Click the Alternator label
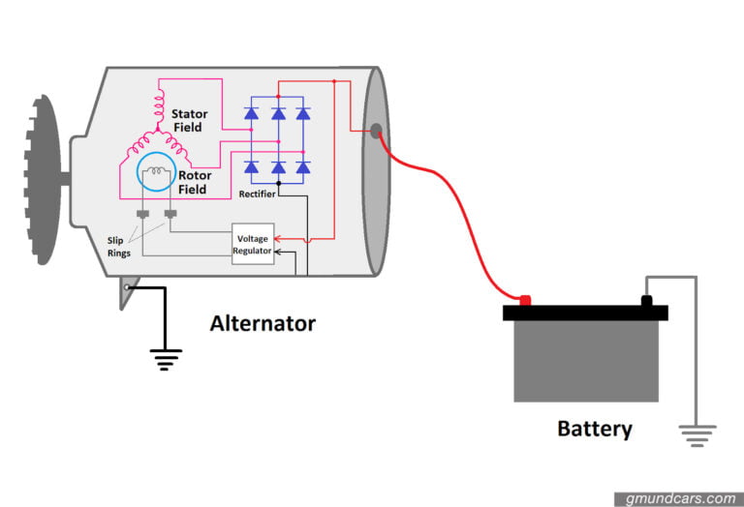click(x=263, y=323)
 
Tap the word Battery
click(x=594, y=428)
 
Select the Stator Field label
click(x=190, y=121)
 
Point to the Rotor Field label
click(x=193, y=182)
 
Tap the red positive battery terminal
click(x=525, y=300)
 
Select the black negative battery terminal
click(x=646, y=300)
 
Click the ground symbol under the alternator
click(x=167, y=360)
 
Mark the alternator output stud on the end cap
click(x=375, y=131)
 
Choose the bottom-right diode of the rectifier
click(x=303, y=167)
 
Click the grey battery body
click(x=585, y=360)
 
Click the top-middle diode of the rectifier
click(x=278, y=114)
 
